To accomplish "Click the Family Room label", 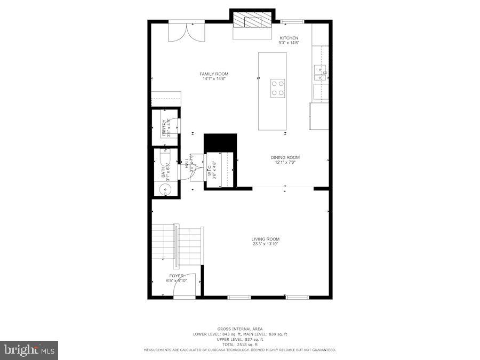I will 214,74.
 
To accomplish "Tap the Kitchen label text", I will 289,38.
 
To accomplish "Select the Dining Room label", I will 285,157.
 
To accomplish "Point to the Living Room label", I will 266,239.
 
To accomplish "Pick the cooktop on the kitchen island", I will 277,87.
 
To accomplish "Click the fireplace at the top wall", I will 252,21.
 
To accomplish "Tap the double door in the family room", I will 186,31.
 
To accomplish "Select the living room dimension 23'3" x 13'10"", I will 266,244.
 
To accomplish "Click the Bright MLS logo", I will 29,350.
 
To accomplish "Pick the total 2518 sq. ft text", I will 239,345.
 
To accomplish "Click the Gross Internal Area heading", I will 239,329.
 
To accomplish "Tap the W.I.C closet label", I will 215,170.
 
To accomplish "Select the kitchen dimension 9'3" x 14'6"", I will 289,43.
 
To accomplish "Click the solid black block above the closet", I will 220,143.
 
